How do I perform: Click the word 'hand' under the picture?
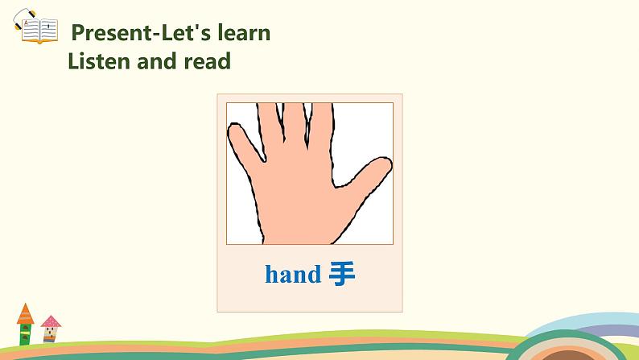pos(292,275)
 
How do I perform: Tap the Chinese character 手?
pos(342,275)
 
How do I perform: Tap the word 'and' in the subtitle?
pos(156,60)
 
